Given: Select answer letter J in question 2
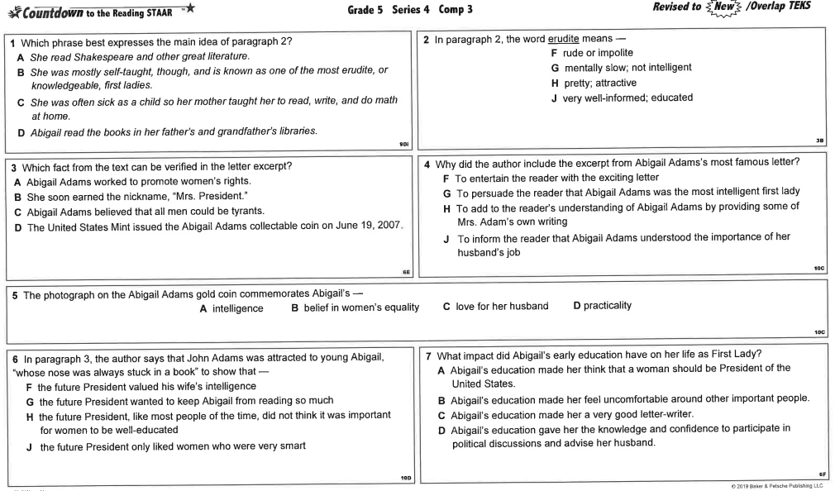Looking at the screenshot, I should pyautogui.click(x=555, y=98).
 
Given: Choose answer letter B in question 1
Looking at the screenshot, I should pyautogui.click(x=21, y=71).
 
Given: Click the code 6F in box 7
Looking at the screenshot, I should pyautogui.click(x=822, y=474).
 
